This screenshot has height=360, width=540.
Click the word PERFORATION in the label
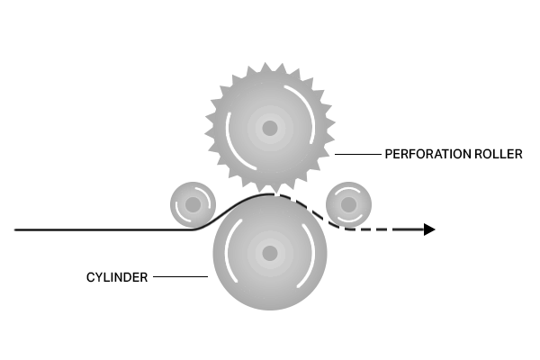(428, 154)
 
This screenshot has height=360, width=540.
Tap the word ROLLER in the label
(499, 154)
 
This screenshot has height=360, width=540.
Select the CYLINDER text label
(117, 277)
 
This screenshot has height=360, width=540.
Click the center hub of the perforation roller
(270, 128)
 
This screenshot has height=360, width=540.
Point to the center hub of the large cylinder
(270, 254)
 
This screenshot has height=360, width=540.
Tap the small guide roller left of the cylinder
(193, 204)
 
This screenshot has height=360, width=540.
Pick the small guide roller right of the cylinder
(348, 204)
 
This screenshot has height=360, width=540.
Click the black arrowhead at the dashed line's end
(429, 229)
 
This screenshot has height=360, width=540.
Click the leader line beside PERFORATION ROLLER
(358, 154)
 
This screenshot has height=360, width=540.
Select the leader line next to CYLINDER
(181, 276)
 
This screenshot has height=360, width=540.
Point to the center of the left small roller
(193, 204)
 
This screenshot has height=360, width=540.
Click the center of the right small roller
(348, 204)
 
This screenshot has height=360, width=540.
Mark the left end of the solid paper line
(14, 229)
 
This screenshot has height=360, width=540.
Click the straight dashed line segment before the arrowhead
(386, 229)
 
